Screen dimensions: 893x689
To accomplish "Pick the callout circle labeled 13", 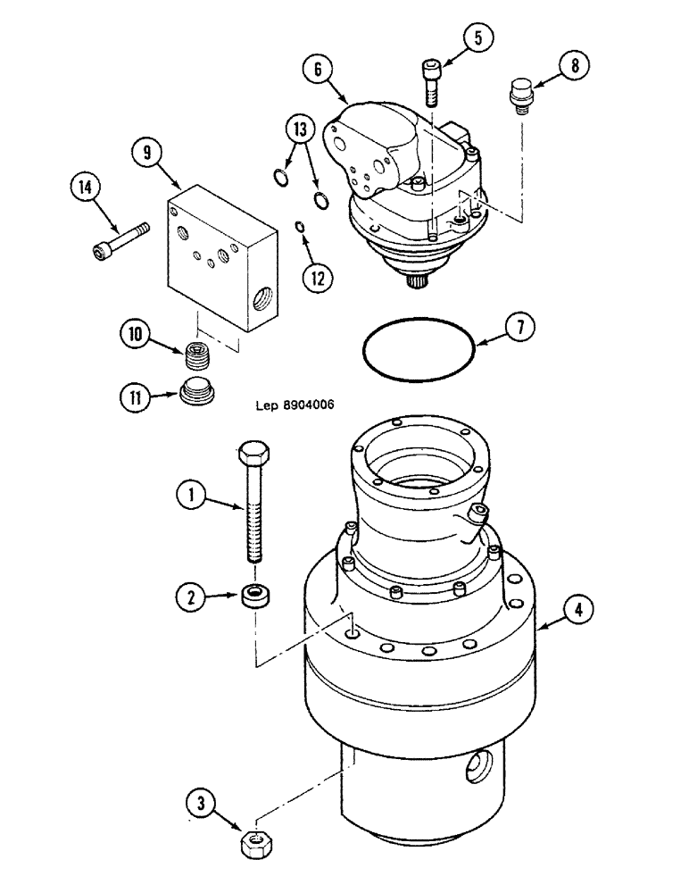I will (300, 129).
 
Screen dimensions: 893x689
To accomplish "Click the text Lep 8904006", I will (294, 405).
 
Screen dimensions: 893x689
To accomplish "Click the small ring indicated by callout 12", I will (301, 228).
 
